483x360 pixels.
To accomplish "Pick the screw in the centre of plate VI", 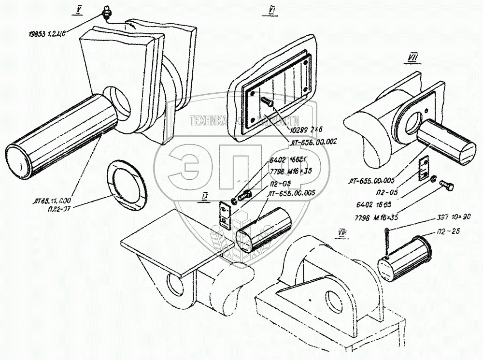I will click(267, 101).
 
